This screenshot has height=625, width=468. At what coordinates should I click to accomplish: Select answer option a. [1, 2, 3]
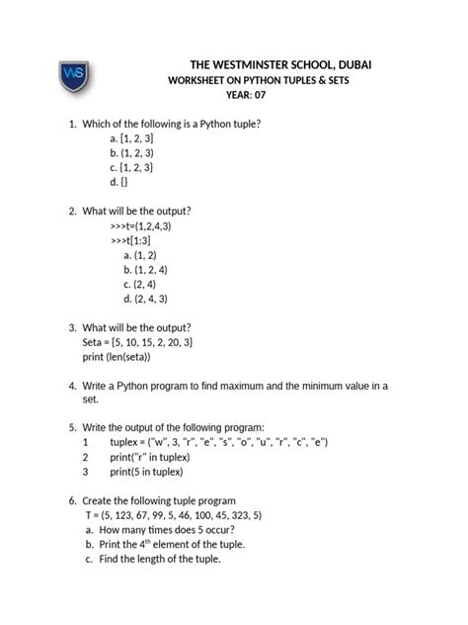(131, 139)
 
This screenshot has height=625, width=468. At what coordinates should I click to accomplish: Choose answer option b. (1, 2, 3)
(131, 154)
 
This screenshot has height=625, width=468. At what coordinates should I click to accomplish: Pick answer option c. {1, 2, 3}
(131, 169)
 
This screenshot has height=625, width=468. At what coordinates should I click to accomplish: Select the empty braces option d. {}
(119, 184)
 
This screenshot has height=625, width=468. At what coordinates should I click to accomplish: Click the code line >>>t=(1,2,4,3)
(141, 225)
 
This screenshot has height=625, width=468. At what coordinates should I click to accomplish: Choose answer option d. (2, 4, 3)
(146, 298)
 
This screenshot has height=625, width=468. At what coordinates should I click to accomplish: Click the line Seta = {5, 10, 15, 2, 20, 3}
(137, 341)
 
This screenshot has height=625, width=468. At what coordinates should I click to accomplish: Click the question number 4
(72, 385)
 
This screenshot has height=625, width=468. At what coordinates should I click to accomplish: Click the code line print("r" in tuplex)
(164, 457)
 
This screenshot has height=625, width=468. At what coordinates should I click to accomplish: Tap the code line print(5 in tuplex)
(157, 472)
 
